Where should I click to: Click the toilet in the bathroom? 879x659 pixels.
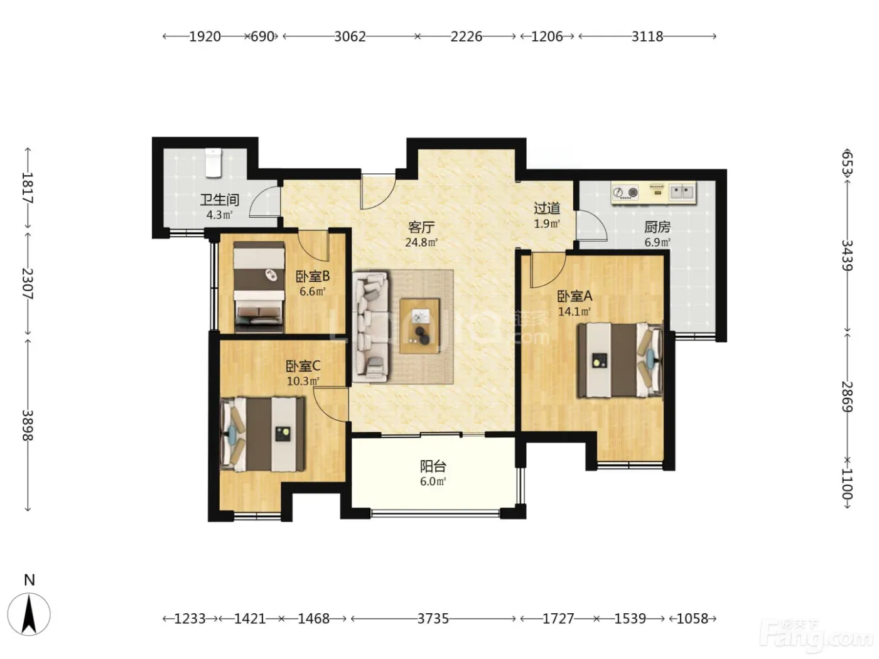(x=213, y=163)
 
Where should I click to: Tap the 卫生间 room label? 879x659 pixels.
(x=220, y=200)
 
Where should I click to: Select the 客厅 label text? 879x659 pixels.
(x=421, y=227)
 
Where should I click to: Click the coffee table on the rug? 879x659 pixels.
(x=419, y=326)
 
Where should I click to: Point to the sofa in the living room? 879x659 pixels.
(x=370, y=327)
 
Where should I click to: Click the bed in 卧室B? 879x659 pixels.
(x=259, y=287)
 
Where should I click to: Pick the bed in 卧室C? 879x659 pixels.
(x=262, y=434)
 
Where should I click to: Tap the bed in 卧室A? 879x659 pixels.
(x=620, y=361)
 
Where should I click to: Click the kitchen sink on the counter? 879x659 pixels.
(x=682, y=191)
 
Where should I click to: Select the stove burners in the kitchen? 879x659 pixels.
(x=625, y=193)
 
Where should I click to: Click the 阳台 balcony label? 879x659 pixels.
(x=433, y=466)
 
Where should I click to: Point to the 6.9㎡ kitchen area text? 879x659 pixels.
(x=657, y=242)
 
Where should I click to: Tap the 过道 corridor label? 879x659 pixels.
(x=547, y=208)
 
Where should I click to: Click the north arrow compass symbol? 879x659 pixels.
(x=29, y=614)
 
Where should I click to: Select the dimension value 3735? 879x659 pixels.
(x=433, y=619)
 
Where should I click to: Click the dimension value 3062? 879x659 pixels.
(x=350, y=37)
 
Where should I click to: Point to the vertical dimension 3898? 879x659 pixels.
(x=27, y=426)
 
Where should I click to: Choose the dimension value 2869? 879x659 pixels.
(x=847, y=397)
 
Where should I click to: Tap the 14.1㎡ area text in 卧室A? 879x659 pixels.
(x=574, y=311)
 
